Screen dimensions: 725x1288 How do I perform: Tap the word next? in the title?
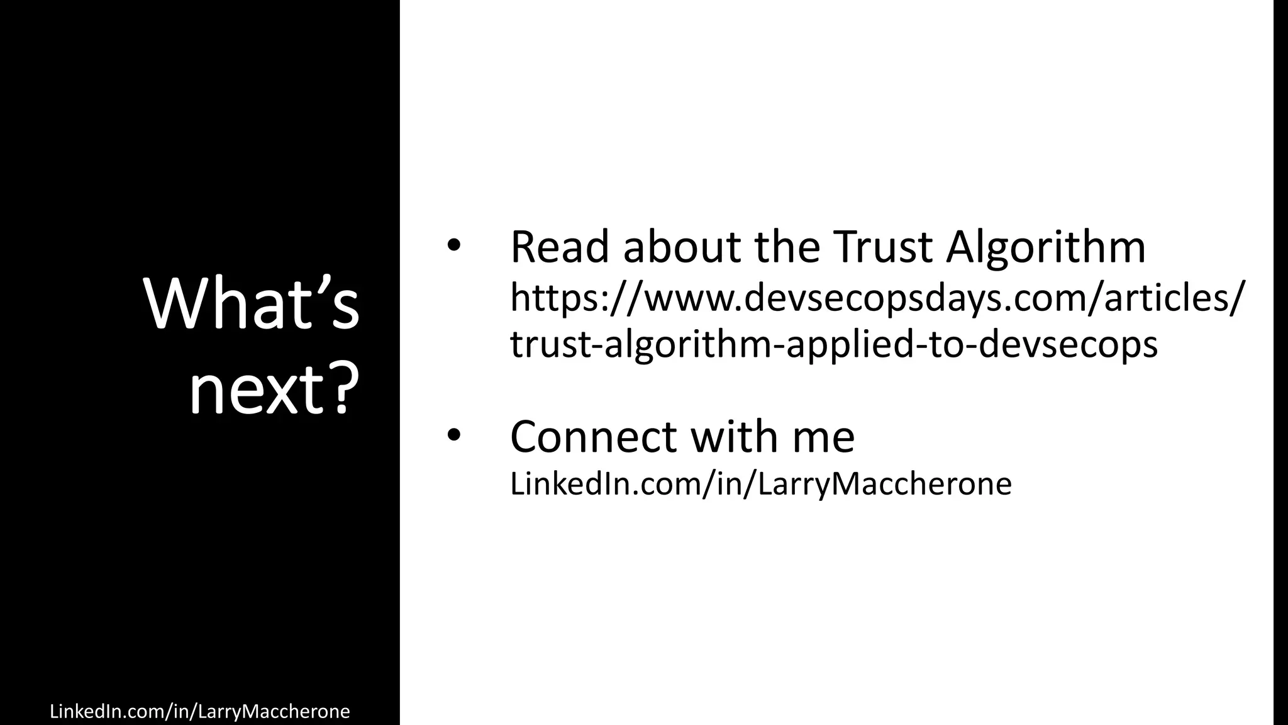click(274, 390)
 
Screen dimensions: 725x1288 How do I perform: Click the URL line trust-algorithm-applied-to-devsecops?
click(833, 345)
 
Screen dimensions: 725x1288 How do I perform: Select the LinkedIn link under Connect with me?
click(760, 484)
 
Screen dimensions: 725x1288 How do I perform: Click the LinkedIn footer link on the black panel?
click(199, 711)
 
